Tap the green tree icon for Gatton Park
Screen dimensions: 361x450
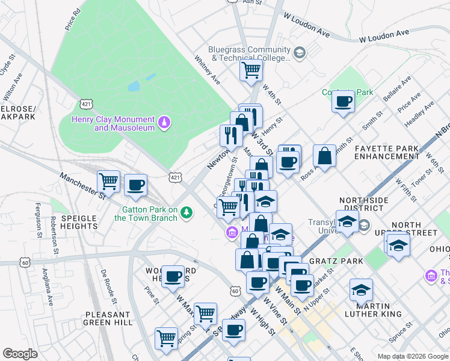(187, 212)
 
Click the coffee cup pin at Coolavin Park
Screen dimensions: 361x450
(344, 101)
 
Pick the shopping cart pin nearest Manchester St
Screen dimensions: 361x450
(109, 180)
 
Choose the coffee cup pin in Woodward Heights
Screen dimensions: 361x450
(173, 277)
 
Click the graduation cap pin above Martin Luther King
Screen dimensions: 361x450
(360, 291)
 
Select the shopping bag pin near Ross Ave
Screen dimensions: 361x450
(324, 156)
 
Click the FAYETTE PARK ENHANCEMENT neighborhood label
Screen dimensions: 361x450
(386, 152)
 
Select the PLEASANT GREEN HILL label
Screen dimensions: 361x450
(108, 318)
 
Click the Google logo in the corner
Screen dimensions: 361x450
(20, 354)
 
